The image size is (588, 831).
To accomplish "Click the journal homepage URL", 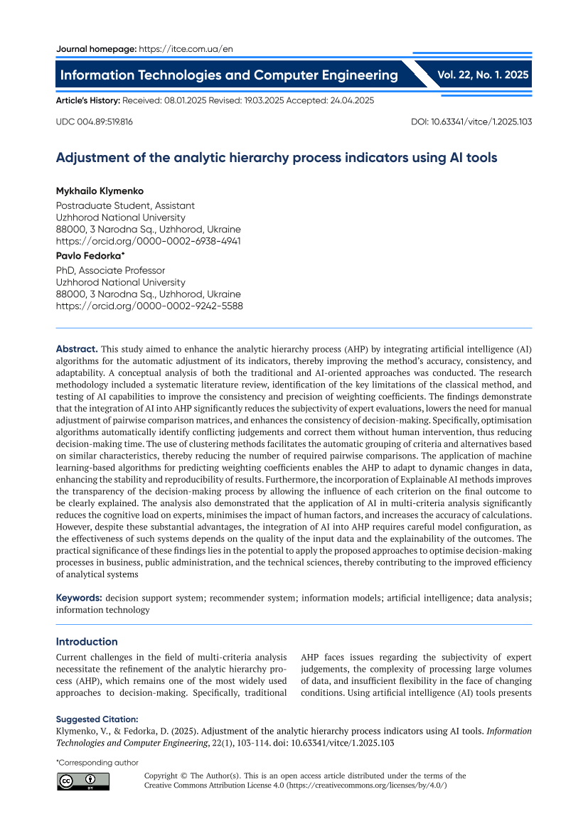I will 186,49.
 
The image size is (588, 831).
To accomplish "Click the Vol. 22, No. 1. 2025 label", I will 483,74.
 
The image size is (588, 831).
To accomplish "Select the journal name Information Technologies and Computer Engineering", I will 229,75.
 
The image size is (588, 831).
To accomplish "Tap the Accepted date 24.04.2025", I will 348,101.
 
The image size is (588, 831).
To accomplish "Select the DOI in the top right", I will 471,122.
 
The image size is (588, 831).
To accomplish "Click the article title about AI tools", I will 277,158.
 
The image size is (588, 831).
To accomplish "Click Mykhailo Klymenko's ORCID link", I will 149,241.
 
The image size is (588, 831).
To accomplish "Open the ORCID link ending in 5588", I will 149,306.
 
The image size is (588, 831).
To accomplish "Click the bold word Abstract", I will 77,349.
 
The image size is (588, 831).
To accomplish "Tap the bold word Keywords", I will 79,598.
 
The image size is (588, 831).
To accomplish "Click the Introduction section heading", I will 87,641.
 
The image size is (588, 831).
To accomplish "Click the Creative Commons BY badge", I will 83,781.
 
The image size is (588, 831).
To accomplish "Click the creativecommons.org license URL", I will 365,786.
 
